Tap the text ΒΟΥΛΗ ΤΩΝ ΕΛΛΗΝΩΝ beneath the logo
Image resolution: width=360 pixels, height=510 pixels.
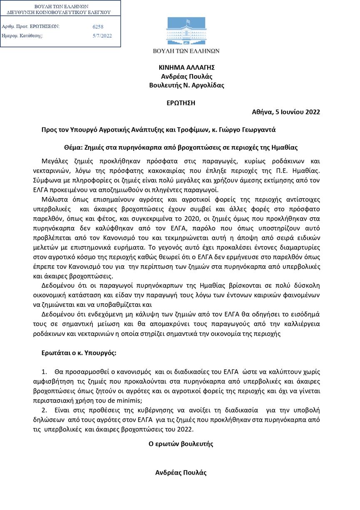186,51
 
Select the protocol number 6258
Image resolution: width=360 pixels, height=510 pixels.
98,27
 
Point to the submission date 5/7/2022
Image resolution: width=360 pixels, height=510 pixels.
102,36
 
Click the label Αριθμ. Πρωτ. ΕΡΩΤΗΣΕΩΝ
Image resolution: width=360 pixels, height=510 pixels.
31,27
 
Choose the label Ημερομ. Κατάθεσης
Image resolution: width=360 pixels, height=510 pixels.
22,36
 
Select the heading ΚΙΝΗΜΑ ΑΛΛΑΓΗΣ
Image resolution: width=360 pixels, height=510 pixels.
186,67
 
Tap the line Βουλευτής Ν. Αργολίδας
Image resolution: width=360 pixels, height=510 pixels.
186,85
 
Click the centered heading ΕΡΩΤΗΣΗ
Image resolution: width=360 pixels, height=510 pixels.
181,103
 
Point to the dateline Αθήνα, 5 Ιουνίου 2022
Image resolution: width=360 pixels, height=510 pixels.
286,112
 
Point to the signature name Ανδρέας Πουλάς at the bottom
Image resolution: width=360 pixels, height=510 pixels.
181,473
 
